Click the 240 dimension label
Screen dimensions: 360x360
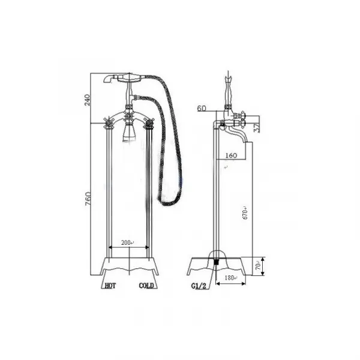coord(88,100)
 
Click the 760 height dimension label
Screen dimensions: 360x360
coord(88,199)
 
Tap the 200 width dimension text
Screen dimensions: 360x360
coord(126,242)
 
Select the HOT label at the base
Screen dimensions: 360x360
coord(110,286)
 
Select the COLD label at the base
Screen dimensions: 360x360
coord(146,286)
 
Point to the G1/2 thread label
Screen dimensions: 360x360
coord(199,286)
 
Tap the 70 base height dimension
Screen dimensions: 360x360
coord(258,266)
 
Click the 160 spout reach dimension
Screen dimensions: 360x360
coord(231,155)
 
